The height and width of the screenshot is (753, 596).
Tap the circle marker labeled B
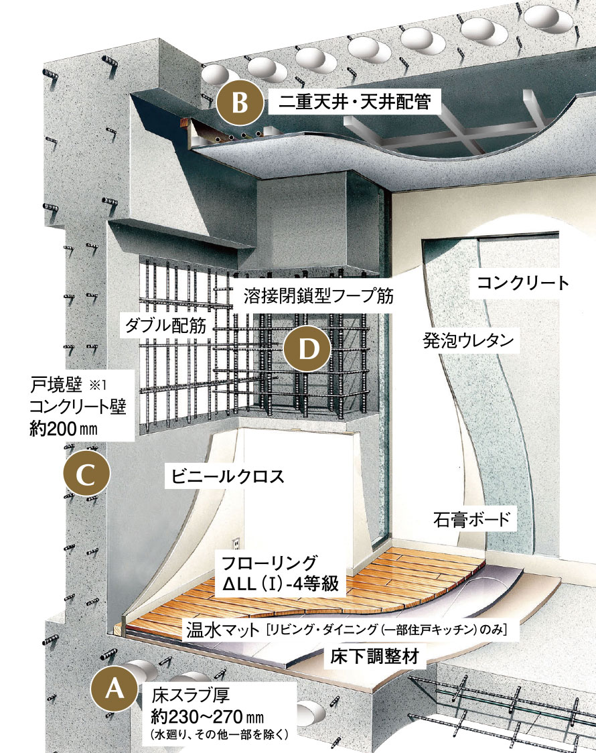238,105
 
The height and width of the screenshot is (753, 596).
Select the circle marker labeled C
85,474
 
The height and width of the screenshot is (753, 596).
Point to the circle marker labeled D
305,349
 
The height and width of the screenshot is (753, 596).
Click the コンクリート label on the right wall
523,283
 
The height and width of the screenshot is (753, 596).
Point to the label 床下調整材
375,657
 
